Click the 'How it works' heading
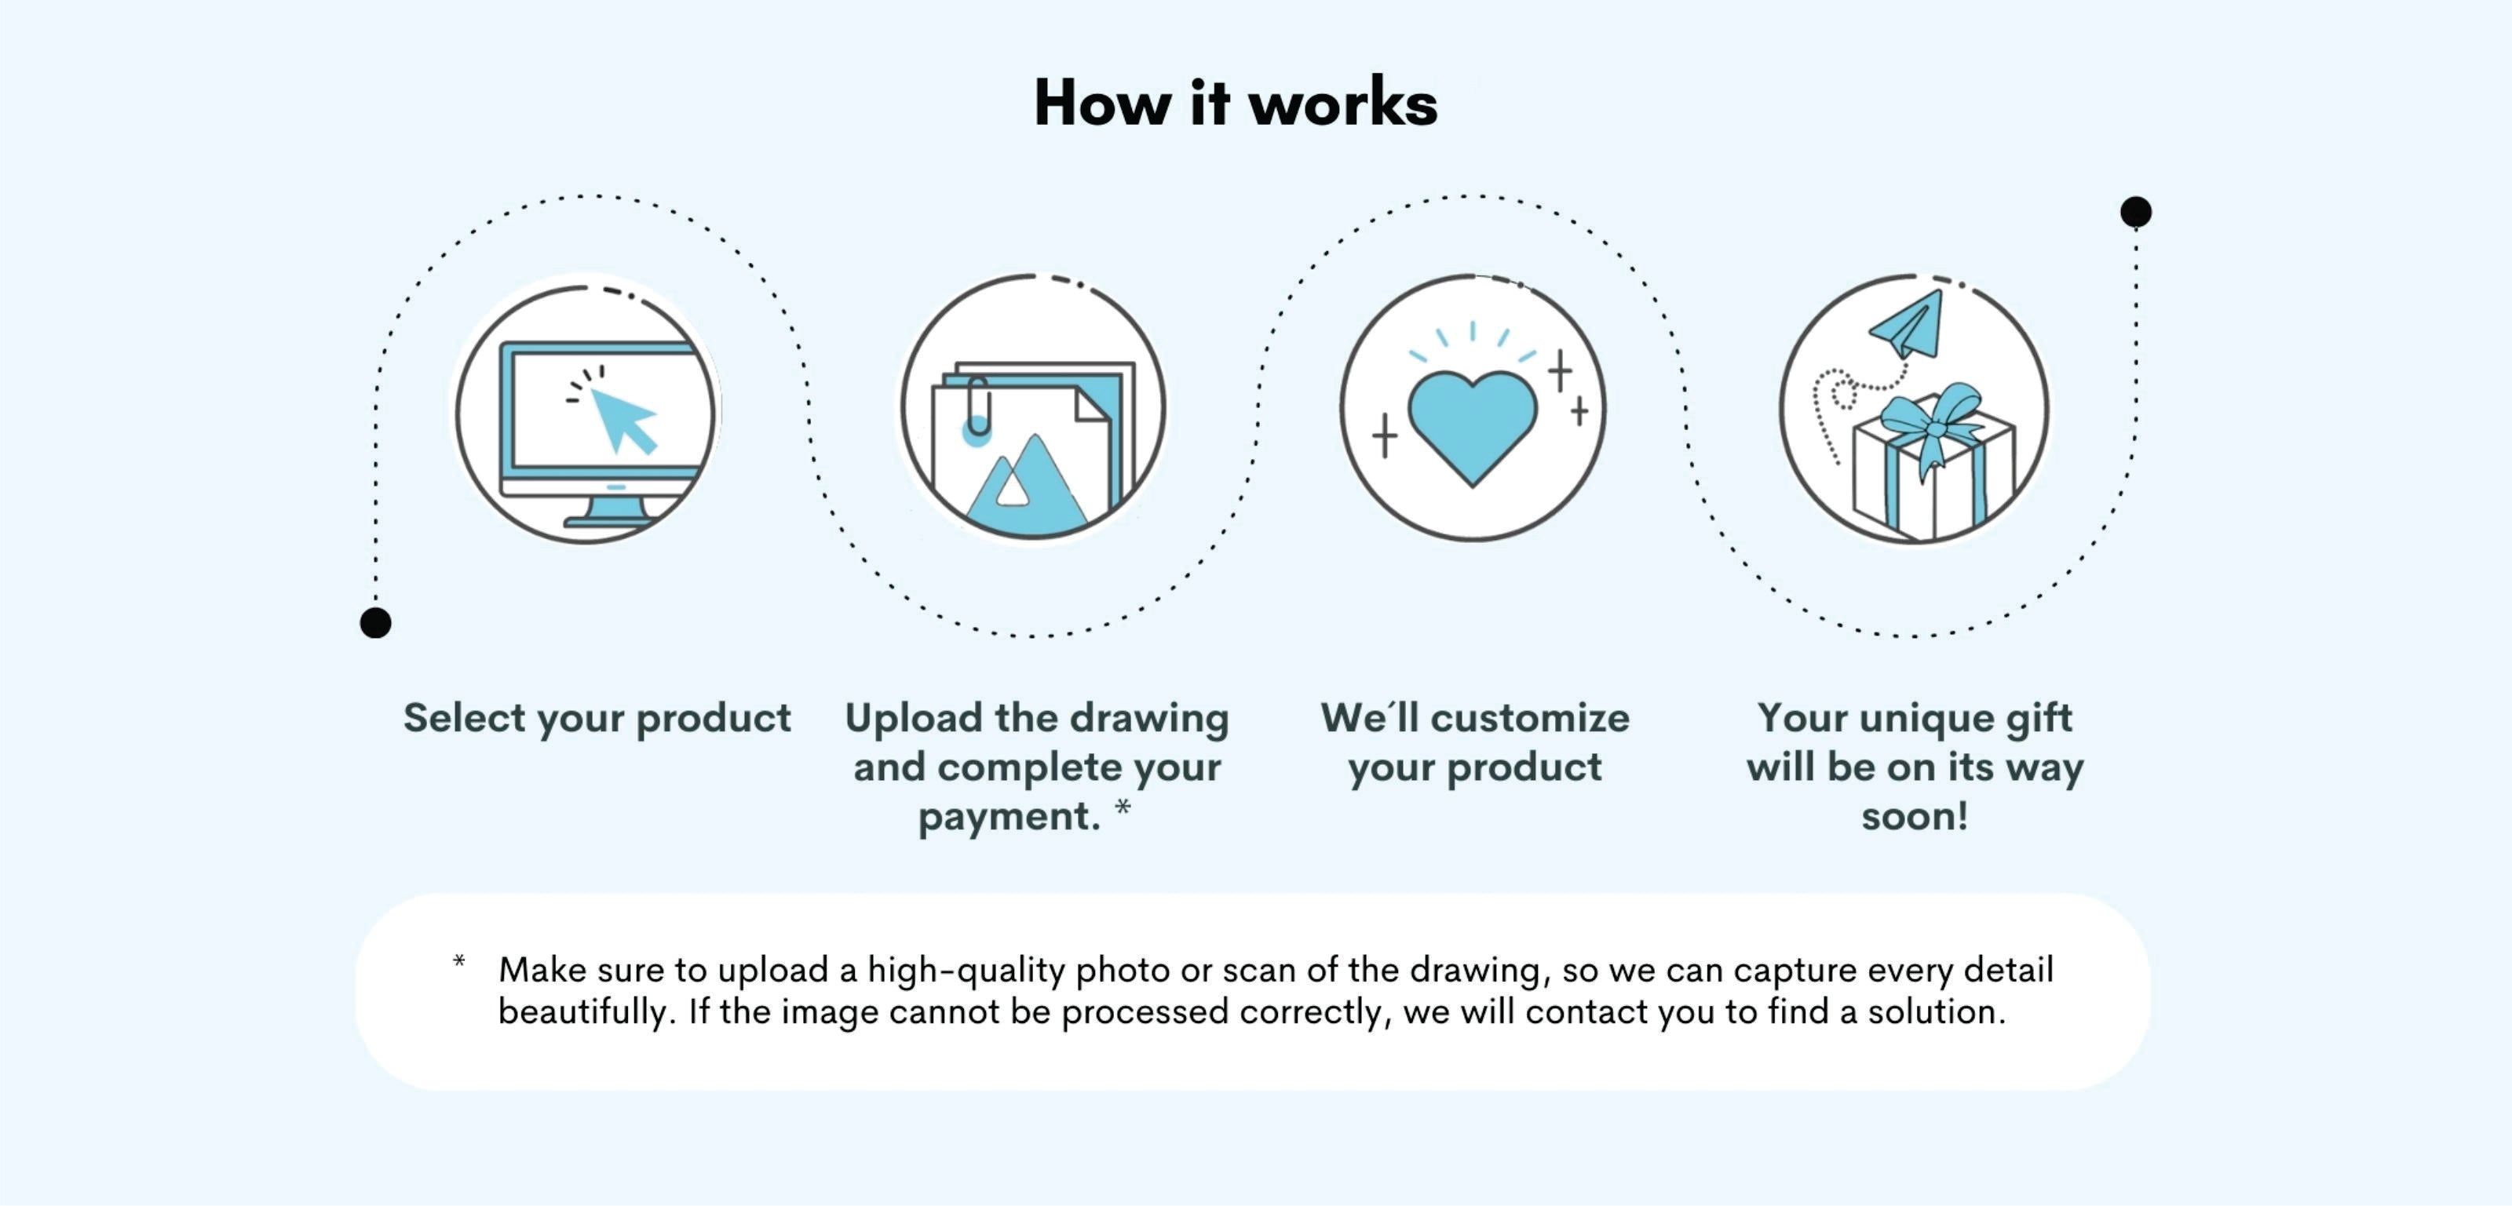coord(1236,102)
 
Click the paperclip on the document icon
coord(978,405)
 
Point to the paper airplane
coord(1908,326)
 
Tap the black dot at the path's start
coord(375,622)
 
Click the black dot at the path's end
coord(2135,212)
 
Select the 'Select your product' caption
coord(597,719)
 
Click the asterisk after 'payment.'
coord(1123,807)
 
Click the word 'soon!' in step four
coord(1915,816)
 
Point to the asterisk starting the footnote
coord(458,962)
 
